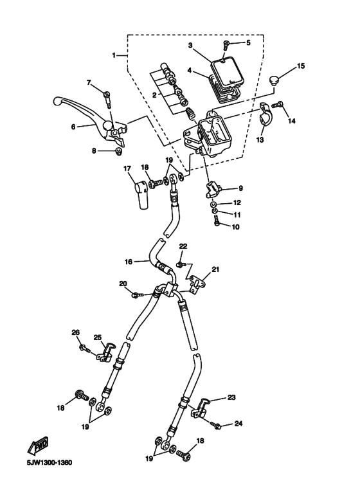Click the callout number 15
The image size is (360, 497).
tap(300, 66)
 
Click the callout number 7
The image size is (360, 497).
tap(89, 82)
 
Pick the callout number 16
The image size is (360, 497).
tap(129, 262)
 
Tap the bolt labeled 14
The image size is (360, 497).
tap(278, 105)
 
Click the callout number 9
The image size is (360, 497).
tap(240, 188)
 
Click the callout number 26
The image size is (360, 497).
tap(76, 332)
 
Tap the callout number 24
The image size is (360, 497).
tap(238, 423)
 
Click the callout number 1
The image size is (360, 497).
tap(114, 55)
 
